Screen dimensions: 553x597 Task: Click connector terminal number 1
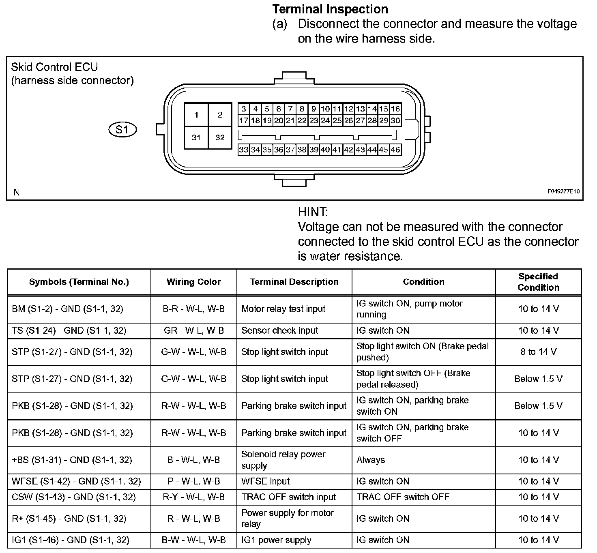pyautogui.click(x=196, y=115)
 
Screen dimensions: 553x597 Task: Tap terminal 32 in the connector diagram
pyautogui.click(x=220, y=137)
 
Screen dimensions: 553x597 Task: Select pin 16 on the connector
pyautogui.click(x=395, y=109)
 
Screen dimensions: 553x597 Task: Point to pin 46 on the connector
pyautogui.click(x=395, y=150)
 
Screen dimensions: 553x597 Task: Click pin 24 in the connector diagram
pyautogui.click(x=325, y=120)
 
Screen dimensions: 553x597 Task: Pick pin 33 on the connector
pyautogui.click(x=243, y=150)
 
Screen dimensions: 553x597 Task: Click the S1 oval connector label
pyautogui.click(x=122, y=130)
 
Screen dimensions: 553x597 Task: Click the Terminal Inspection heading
pyautogui.click(x=330, y=9)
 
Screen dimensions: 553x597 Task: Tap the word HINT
pyautogui.click(x=313, y=212)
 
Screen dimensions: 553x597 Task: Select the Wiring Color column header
pyautogui.click(x=193, y=282)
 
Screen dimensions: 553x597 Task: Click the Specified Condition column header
pyautogui.click(x=538, y=282)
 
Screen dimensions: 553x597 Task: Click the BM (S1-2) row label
pyautogui.click(x=67, y=309)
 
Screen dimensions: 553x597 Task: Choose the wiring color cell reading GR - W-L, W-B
pyautogui.click(x=193, y=330)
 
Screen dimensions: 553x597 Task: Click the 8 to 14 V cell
pyautogui.click(x=538, y=352)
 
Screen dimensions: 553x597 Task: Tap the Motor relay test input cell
pyautogui.click(x=283, y=309)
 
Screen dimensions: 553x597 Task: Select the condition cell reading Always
pyautogui.click(x=371, y=460)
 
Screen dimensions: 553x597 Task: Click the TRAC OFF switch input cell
pyautogui.click(x=288, y=497)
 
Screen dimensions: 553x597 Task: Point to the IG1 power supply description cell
pyautogui.click(x=276, y=540)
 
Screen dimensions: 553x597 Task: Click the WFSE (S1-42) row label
pyautogui.click(x=76, y=481)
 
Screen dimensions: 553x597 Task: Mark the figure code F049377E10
pyautogui.click(x=564, y=191)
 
